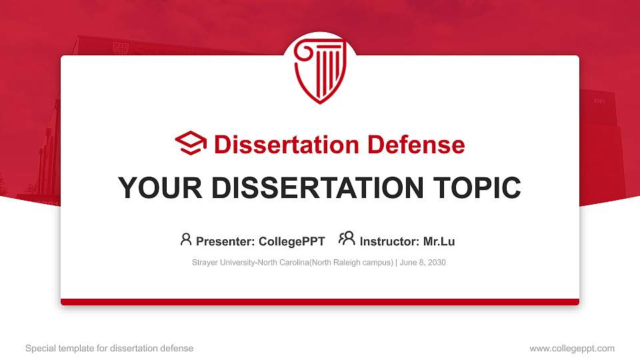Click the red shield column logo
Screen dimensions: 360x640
[x=320, y=72]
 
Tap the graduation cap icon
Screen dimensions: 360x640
[x=191, y=144]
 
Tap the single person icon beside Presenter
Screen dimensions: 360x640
[x=186, y=239]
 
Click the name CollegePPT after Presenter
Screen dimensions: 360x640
[x=291, y=241]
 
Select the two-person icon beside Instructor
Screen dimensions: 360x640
[x=347, y=239]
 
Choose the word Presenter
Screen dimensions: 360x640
[x=223, y=241]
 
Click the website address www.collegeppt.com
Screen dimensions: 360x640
[x=572, y=348]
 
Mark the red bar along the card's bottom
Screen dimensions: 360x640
[x=320, y=302]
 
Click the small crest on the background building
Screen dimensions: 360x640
[x=120, y=48]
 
